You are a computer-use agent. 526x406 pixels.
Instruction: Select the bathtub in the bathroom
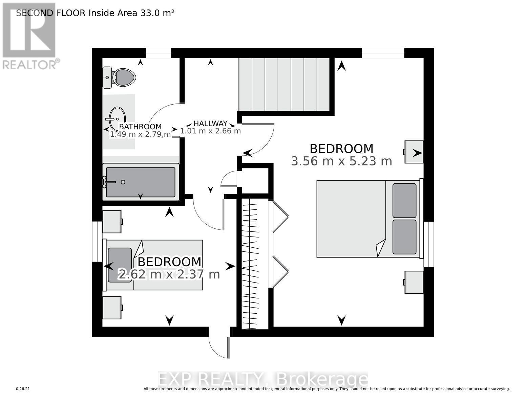pos(141,182)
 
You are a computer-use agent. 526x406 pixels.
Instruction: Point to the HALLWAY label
pos(210,123)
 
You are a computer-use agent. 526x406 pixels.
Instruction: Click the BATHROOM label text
pos(140,127)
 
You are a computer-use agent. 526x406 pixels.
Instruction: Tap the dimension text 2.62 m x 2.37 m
pos(169,274)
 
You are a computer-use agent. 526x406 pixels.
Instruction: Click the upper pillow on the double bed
pos(404,201)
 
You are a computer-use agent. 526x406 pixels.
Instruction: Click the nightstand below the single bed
pos(112,308)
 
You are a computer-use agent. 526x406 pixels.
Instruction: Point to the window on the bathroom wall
pos(158,53)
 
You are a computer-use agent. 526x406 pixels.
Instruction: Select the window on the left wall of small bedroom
pos(98,242)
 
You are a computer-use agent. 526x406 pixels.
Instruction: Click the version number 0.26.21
pos(23,389)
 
